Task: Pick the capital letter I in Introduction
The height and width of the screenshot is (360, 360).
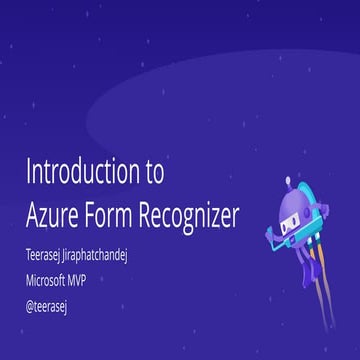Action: coord(28,171)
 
